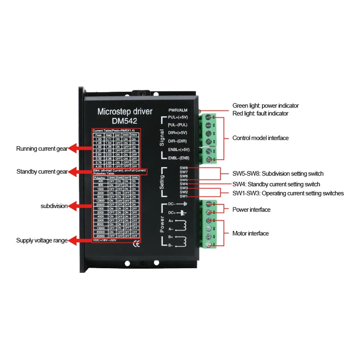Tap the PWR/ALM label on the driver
(x=178, y=110)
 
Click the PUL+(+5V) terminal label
(x=179, y=117)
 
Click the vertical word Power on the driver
(x=162, y=224)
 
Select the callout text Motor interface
(x=250, y=233)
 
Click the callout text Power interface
(x=251, y=210)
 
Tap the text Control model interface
(x=261, y=138)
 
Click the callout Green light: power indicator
(x=265, y=106)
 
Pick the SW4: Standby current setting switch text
(x=276, y=184)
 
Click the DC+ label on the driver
(x=171, y=212)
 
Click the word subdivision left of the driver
(x=54, y=206)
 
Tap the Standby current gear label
(x=42, y=171)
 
